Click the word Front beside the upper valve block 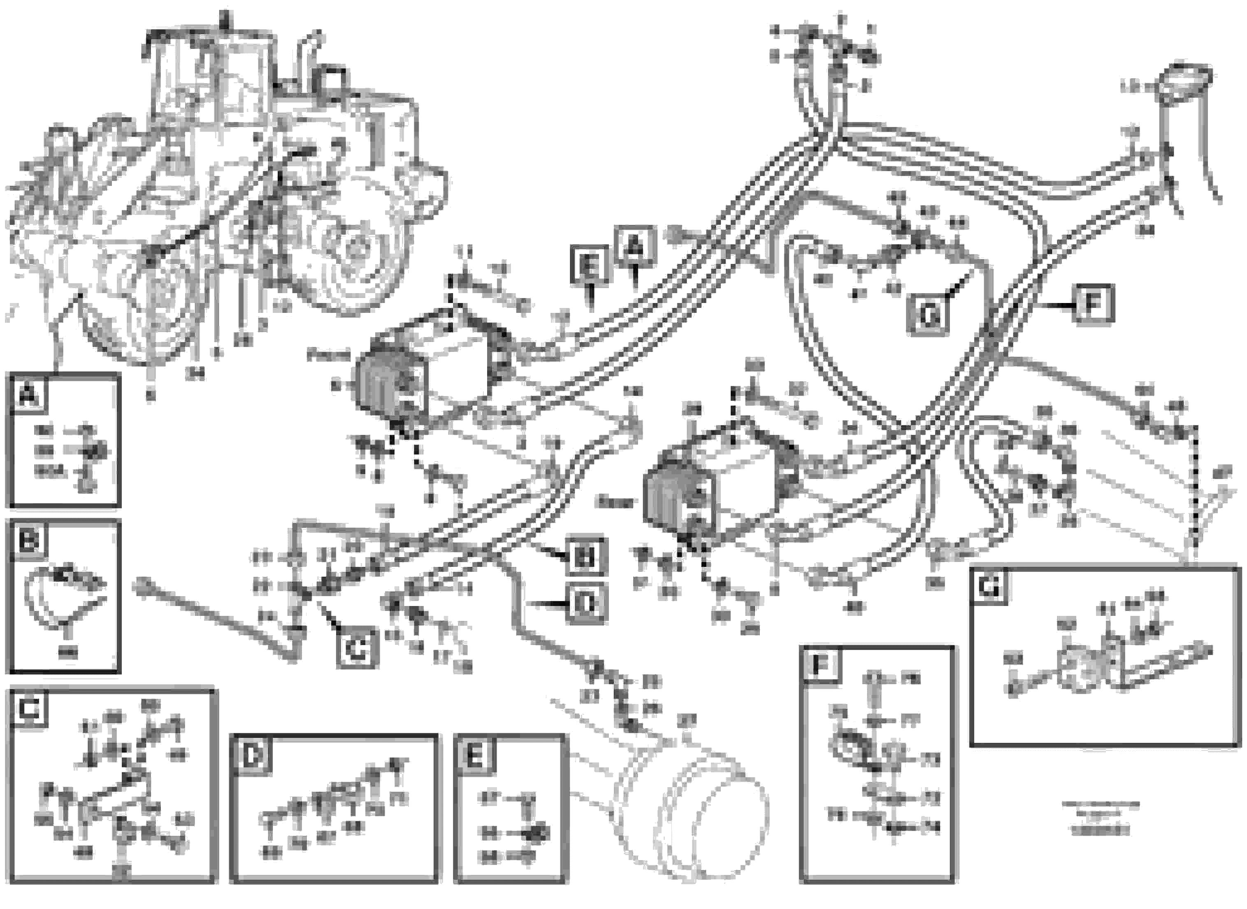(328, 355)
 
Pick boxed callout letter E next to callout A (590, 266)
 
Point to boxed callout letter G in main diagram (928, 315)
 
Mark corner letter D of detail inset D (252, 756)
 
